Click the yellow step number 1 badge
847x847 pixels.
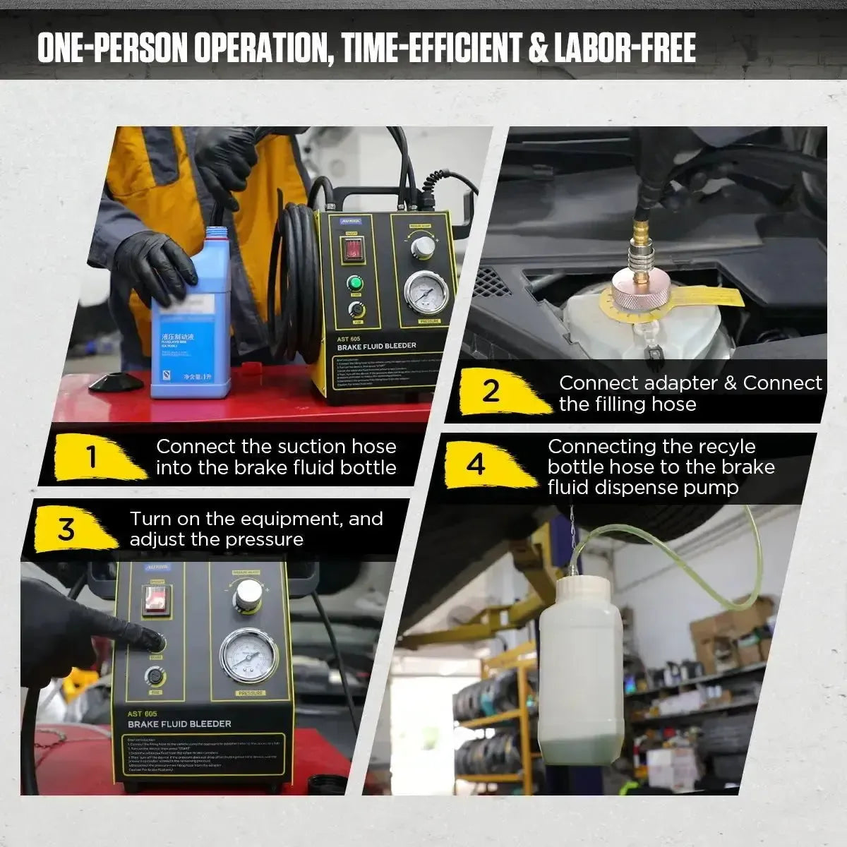click(x=92, y=457)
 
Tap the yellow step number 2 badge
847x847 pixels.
click(x=491, y=390)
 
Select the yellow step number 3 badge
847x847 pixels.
click(x=66, y=529)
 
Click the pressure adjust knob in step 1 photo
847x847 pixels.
click(x=423, y=247)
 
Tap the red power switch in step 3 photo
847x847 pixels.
click(x=156, y=599)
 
